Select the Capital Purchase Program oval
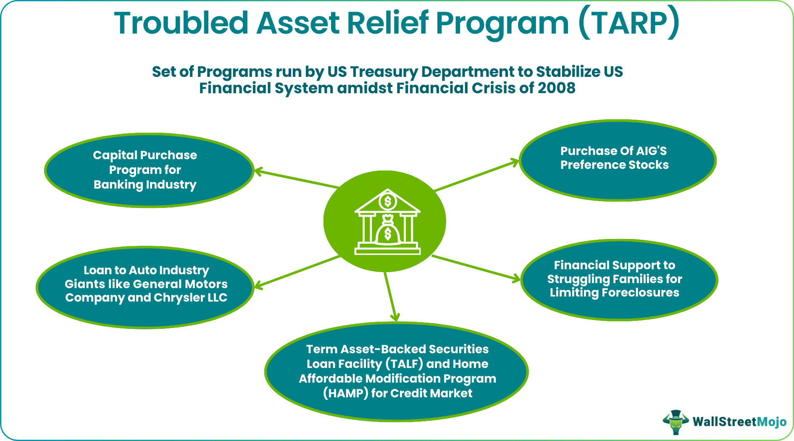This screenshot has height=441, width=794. coord(149,170)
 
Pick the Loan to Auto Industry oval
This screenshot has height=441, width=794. coord(145,287)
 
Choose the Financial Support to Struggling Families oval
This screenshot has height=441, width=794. coord(619,280)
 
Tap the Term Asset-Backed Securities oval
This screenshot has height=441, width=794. coord(396,371)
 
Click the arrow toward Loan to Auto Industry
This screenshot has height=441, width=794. coord(296,272)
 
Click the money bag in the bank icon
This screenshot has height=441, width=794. coord(387,231)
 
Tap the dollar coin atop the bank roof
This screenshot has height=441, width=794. coord(387,202)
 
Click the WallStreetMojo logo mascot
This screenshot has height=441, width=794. coord(676,421)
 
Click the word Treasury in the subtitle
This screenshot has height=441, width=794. coord(384,72)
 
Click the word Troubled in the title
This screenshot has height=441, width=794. coord(181,23)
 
